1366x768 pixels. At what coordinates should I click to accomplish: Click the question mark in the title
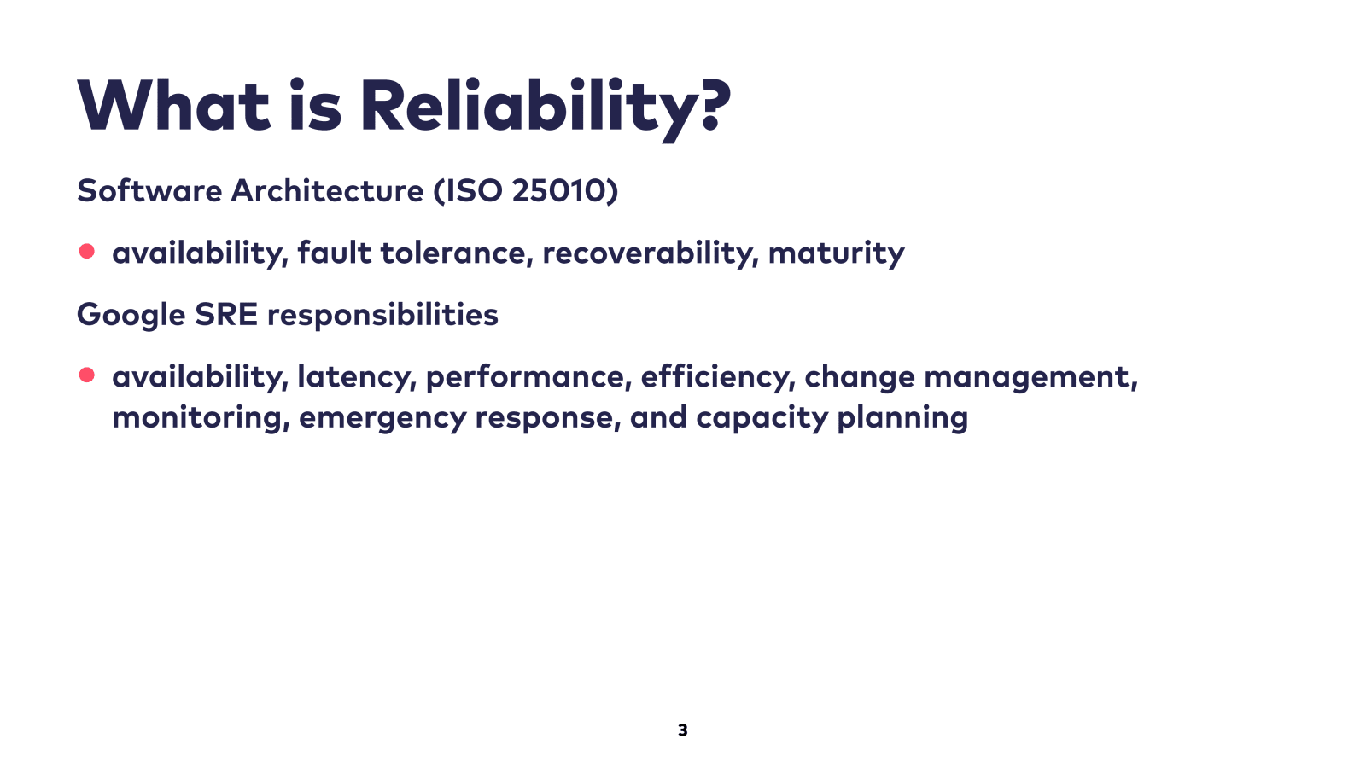click(716, 105)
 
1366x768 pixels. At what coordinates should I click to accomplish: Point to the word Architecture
click(327, 191)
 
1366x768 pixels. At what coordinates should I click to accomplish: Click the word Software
click(149, 191)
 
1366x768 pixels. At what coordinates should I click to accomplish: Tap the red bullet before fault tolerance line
click(86, 251)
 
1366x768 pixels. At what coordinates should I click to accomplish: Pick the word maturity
click(836, 254)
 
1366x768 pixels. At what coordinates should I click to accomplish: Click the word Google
click(131, 316)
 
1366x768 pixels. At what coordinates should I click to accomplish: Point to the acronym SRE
click(226, 315)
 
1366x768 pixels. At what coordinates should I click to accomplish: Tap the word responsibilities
click(383, 316)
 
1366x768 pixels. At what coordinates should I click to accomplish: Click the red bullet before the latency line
click(86, 375)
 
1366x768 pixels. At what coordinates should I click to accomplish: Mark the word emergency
click(382, 419)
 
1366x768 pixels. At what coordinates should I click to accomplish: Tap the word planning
click(902, 418)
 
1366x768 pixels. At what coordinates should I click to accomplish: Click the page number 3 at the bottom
click(682, 730)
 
